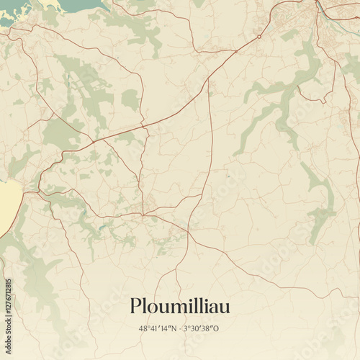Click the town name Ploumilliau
[x=180, y=306]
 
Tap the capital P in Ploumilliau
[x=135, y=306]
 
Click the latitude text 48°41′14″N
[x=158, y=328]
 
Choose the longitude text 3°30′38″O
[x=201, y=328]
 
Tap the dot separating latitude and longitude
[x=179, y=328]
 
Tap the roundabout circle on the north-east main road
[x=259, y=37]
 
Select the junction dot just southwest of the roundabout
[x=235, y=51]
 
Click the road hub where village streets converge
[x=143, y=214]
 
